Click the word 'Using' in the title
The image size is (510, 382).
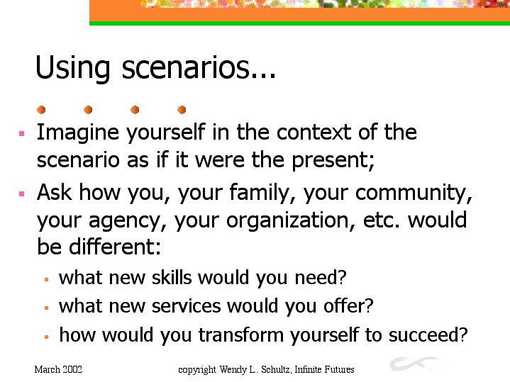pos(72,67)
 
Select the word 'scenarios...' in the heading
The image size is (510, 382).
pos(199,67)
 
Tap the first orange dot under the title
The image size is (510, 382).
pos(41,110)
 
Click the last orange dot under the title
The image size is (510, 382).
pos(182,110)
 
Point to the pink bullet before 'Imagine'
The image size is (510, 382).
pos(22,133)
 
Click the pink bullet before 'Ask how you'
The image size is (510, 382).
pos(22,194)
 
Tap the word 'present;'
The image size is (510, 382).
pos(333,161)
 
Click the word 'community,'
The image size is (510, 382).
pos(414,193)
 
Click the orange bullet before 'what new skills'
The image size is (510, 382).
pos(47,280)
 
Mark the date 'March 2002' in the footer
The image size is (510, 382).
pos(58,370)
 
